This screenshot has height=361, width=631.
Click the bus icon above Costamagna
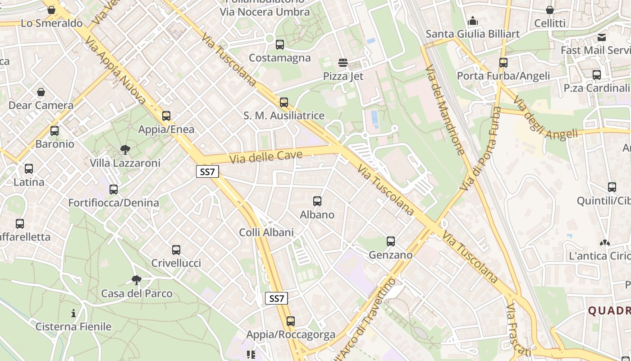click(279, 45)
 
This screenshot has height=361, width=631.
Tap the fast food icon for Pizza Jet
click(343, 62)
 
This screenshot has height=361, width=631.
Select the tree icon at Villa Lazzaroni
click(125, 149)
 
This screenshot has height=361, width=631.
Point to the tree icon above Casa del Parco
click(137, 280)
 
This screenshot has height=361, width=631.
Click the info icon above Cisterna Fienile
click(73, 313)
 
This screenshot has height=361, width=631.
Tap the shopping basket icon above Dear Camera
click(41, 93)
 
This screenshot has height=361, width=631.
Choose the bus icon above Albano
click(317, 201)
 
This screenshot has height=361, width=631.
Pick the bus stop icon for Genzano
click(391, 241)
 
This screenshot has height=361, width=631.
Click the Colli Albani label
click(266, 233)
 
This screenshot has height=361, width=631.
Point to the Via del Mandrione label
click(444, 110)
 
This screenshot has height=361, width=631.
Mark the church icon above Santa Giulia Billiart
click(473, 21)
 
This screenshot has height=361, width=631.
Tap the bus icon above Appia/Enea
click(166, 116)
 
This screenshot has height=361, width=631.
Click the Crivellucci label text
click(176, 263)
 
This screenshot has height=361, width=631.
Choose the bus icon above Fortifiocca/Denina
click(114, 190)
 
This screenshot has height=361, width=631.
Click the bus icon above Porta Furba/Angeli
click(503, 63)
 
